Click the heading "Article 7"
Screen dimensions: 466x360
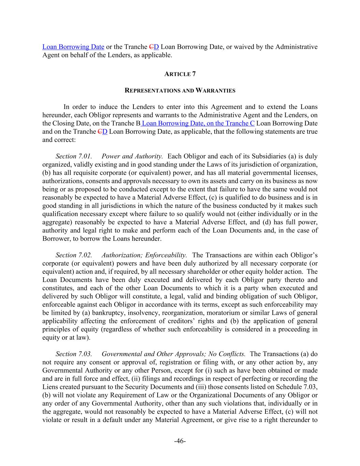click(x=180, y=74)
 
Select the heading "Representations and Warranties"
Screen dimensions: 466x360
click(x=180, y=90)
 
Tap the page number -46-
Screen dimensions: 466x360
click(x=180, y=441)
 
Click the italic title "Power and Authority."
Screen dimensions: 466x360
click(x=132, y=156)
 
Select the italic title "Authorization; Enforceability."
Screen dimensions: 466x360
click(x=144, y=255)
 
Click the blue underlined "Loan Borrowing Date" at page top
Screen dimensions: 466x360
click(x=73, y=47)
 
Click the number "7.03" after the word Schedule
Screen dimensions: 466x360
click(x=310, y=387)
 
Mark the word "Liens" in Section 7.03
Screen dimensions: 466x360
click(x=50, y=387)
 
